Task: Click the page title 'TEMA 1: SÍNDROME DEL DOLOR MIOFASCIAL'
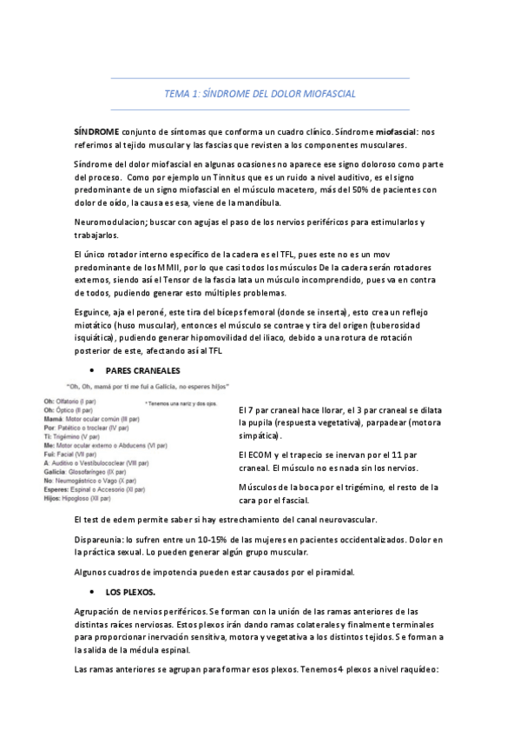(x=260, y=94)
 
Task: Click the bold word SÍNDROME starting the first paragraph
(x=95, y=130)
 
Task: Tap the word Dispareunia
(x=103, y=541)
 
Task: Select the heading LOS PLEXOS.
(x=129, y=592)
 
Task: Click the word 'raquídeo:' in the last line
(x=420, y=669)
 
